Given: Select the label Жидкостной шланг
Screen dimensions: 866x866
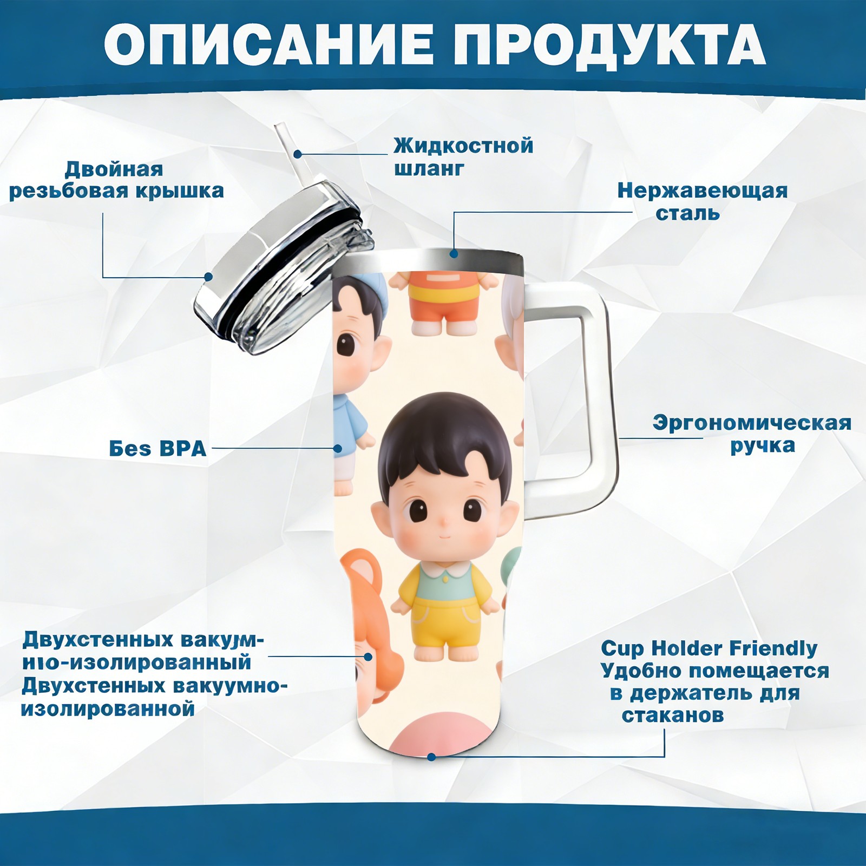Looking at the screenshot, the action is (463, 157).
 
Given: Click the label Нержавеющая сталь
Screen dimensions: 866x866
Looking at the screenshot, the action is (702, 202).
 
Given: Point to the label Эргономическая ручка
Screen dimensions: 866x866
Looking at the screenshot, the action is (752, 434).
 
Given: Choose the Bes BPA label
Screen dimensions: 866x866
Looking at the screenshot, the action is (158, 449).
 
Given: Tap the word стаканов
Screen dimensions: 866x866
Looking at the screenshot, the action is (672, 716).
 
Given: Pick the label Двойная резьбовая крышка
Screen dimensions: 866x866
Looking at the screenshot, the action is (116, 180).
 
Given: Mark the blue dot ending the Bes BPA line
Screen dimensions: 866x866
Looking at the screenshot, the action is (338, 449).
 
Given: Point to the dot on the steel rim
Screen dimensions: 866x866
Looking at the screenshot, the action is (454, 253).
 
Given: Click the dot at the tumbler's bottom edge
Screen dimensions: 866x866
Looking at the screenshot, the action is (431, 757).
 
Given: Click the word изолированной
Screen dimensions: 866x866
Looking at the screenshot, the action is (108, 708).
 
